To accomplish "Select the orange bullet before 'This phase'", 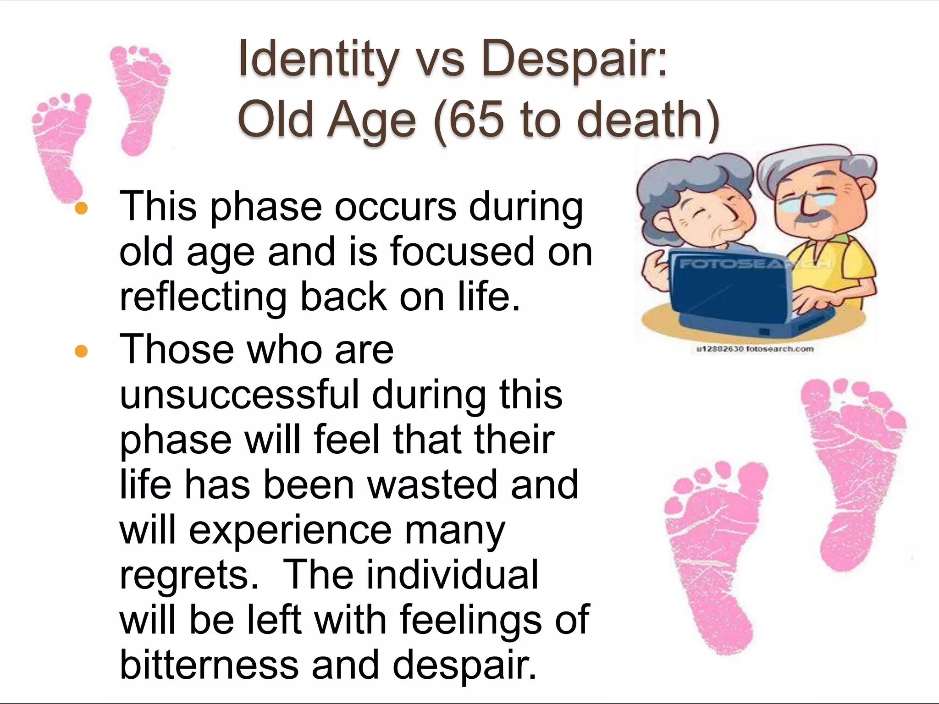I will (x=81, y=209).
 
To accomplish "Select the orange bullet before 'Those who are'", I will (x=81, y=351).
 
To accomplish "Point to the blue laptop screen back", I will (x=729, y=289).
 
